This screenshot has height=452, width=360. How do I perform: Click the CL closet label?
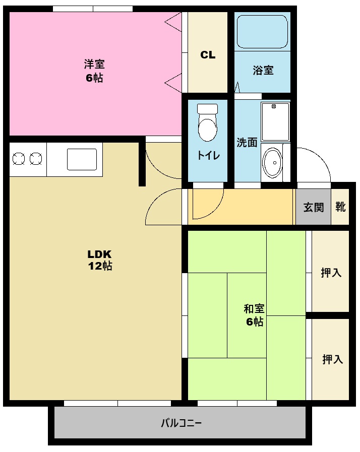click(208, 55)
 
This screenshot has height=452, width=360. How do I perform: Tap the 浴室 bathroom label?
click(263, 70)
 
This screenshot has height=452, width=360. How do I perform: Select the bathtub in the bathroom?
click(262, 31)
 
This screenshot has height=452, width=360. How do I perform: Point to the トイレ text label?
click(208, 155)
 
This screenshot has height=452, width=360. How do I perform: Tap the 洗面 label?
click(247, 142)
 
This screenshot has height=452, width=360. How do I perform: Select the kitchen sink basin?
click(81, 159)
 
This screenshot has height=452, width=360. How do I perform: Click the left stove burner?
click(19, 159)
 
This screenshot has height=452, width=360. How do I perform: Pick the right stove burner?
click(35, 159)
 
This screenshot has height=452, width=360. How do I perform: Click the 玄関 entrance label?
click(313, 207)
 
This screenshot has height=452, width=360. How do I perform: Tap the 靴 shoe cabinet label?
click(341, 207)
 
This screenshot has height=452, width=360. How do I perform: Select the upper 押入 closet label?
click(331, 273)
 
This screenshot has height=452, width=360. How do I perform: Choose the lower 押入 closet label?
click(332, 359)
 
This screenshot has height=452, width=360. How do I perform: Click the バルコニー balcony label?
click(181, 422)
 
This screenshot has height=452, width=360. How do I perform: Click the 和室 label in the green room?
click(254, 309)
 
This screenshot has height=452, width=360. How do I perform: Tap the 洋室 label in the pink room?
click(94, 64)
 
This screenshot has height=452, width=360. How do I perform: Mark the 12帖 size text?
click(100, 266)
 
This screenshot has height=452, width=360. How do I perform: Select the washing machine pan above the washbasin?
click(275, 121)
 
